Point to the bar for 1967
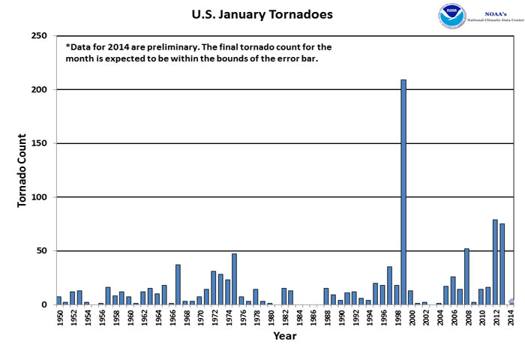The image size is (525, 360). [x=178, y=285]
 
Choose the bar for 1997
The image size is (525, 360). [x=389, y=286]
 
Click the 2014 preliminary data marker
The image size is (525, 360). [x=511, y=301]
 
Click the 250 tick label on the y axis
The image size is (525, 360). [x=40, y=36]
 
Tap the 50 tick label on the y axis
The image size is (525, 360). [x=43, y=251]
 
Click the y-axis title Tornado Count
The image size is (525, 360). [x=22, y=171]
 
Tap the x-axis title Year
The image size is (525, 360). [x=284, y=336]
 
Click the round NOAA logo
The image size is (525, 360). [x=451, y=16]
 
